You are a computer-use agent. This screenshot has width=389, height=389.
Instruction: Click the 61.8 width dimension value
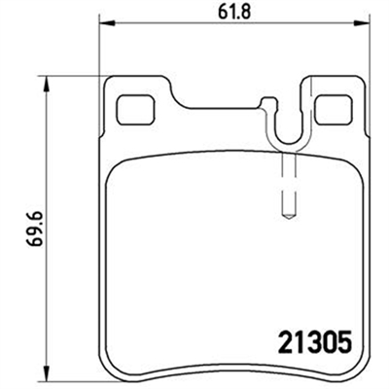point(230,11)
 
